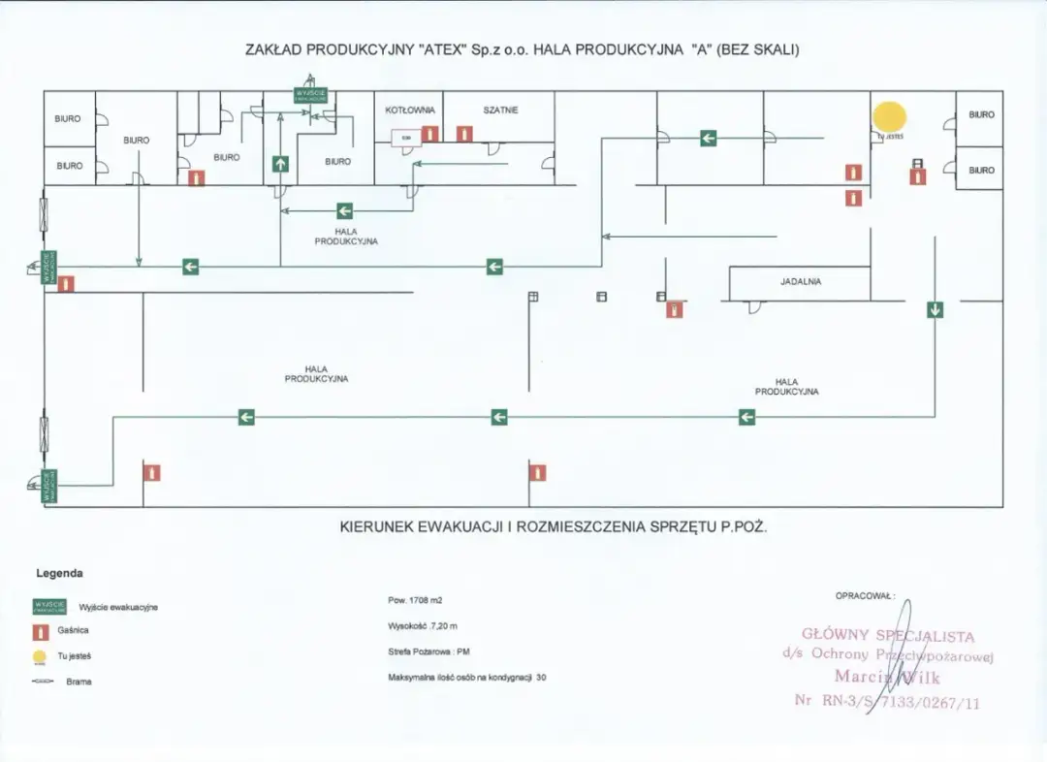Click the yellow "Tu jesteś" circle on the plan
click(x=889, y=116)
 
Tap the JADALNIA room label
click(x=801, y=282)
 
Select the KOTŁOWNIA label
click(x=410, y=111)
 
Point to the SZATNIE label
click(x=500, y=111)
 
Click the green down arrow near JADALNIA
click(x=935, y=310)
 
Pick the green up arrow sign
click(x=280, y=163)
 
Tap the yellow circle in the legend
click(x=40, y=656)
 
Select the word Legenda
click(x=59, y=574)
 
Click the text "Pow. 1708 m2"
click(x=415, y=601)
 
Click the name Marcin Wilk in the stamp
click(x=887, y=677)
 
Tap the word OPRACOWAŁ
click(x=864, y=595)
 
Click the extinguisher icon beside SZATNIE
click(x=464, y=134)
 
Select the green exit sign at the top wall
click(x=311, y=94)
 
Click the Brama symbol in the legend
click(x=44, y=682)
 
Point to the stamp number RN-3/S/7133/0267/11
click(x=887, y=700)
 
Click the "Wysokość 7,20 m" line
click(x=423, y=626)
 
